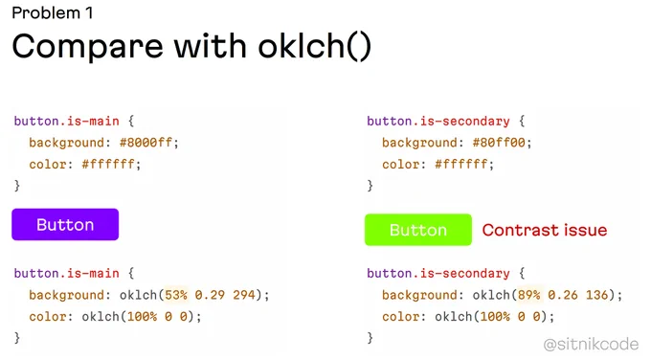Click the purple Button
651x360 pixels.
coord(65,225)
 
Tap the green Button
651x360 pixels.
coord(418,230)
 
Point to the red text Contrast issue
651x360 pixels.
coord(545,230)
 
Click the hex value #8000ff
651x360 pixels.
coord(146,143)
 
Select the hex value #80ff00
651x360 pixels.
coord(499,143)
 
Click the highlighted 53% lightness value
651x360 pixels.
coord(176,295)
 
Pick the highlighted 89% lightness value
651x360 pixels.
coord(528,295)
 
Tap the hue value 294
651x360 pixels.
coord(244,295)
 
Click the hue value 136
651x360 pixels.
coord(597,295)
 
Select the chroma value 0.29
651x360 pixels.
coord(210,295)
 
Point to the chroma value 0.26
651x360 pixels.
coord(563,295)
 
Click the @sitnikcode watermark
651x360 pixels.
coord(592,345)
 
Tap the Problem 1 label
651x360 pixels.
coord(53,12)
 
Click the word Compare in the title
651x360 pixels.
coord(88,47)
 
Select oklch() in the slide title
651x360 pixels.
coord(314,46)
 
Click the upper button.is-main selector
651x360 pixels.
coord(66,122)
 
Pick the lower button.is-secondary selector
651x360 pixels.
coord(438,274)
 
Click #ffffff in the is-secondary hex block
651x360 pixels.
coord(460,165)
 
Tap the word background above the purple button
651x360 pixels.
coord(66,143)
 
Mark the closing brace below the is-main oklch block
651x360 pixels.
coord(17,338)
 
